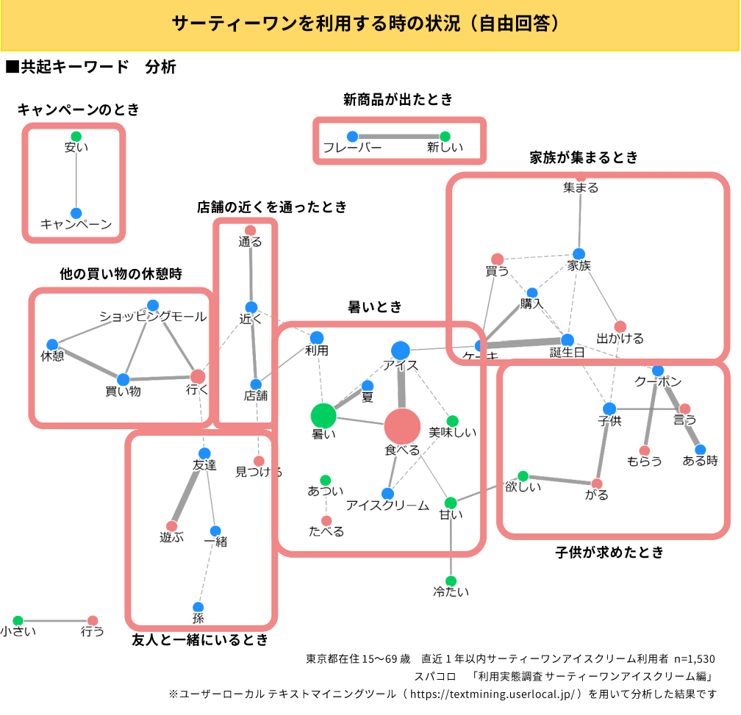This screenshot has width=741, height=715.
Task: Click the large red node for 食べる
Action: pyautogui.click(x=402, y=426)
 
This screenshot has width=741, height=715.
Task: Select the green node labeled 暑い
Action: pyautogui.click(x=323, y=415)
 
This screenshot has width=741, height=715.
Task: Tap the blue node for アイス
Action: pyautogui.click(x=400, y=351)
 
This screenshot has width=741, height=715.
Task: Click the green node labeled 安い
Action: pyautogui.click(x=76, y=136)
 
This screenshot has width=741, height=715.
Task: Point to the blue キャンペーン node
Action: pyautogui.click(x=76, y=213)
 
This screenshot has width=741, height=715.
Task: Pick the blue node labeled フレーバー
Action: pyautogui.click(x=352, y=136)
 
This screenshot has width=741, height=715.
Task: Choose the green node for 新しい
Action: pyautogui.click(x=445, y=136)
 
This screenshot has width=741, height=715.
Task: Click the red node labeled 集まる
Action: pyautogui.click(x=581, y=176)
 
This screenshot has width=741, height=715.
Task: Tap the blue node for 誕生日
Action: pyautogui.click(x=567, y=339)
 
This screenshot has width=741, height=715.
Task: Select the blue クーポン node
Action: pyautogui.click(x=657, y=370)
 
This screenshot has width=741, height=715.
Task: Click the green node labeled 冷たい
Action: pyautogui.click(x=451, y=581)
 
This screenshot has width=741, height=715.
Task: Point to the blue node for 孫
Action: pyautogui.click(x=198, y=607)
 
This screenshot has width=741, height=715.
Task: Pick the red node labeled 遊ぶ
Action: pyautogui.click(x=172, y=525)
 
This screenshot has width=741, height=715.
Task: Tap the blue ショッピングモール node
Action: pyautogui.click(x=153, y=305)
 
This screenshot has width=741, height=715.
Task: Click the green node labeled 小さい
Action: pyautogui.click(x=18, y=620)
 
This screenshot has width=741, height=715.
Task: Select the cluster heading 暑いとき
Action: pyautogui.click(x=375, y=307)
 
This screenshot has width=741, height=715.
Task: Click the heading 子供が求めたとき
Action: pyautogui.click(x=609, y=552)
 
